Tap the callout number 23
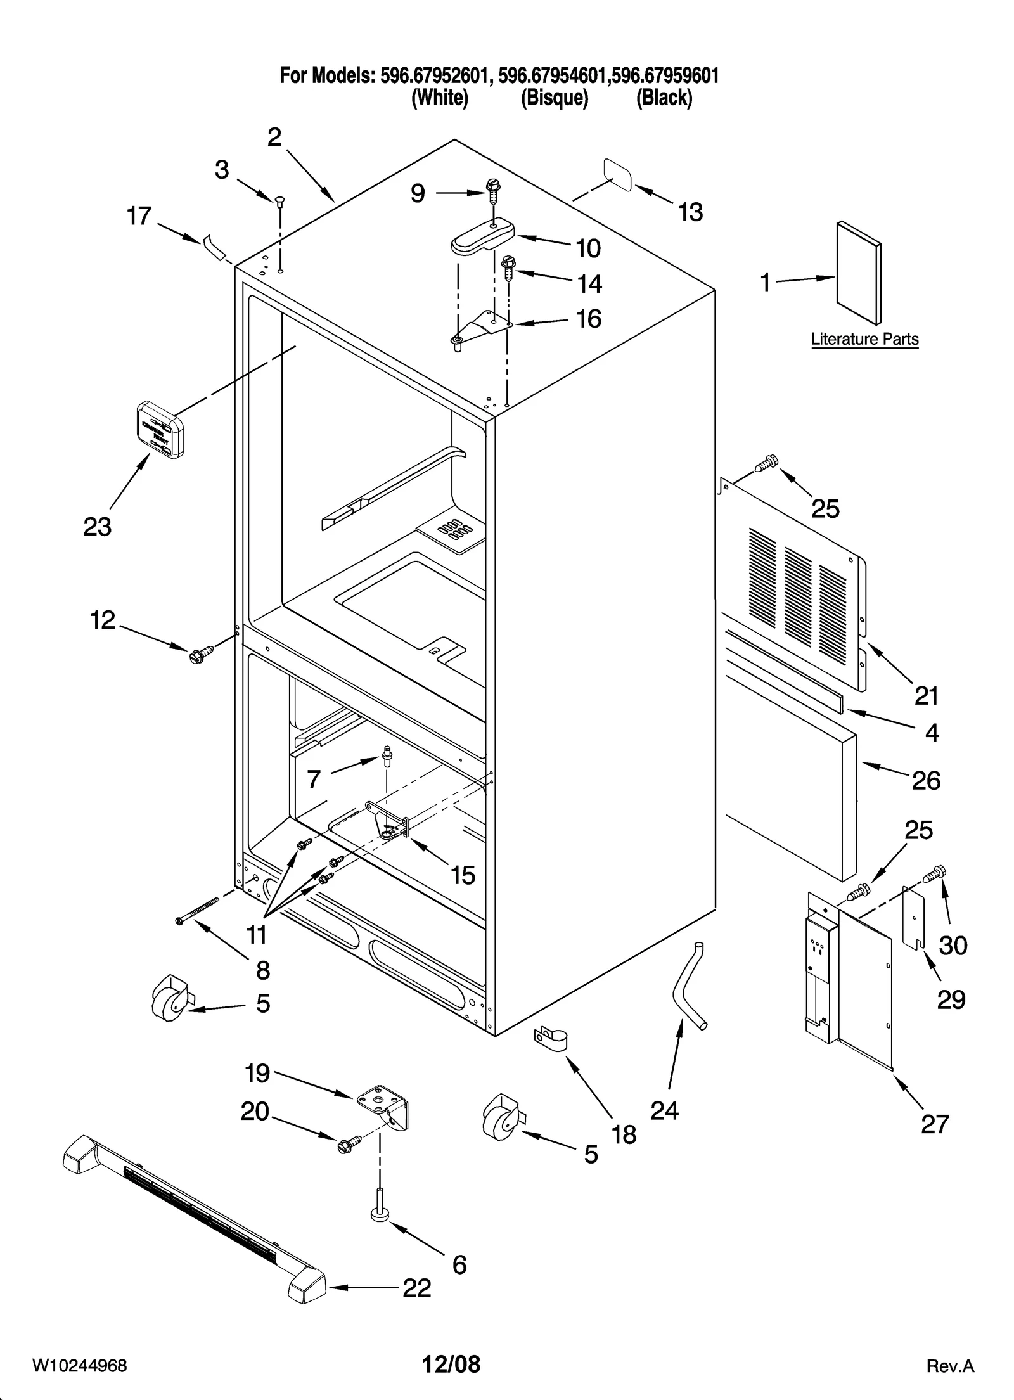98,526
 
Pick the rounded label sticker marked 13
617,174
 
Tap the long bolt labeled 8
197,910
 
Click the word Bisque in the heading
555,98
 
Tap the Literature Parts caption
864,339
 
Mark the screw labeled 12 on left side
198,654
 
